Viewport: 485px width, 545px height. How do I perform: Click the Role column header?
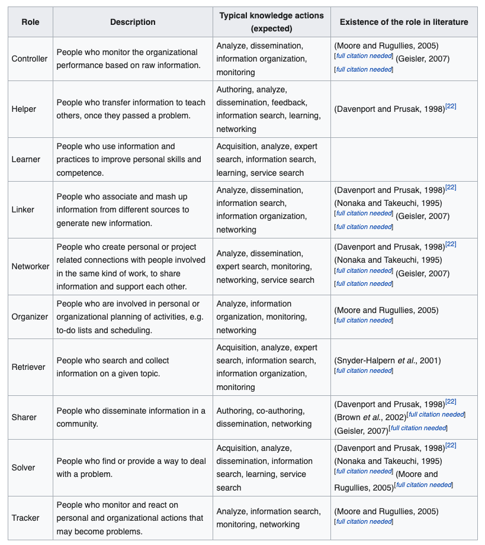[30, 22]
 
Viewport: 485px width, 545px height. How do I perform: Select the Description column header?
[133, 22]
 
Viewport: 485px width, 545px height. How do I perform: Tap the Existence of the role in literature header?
[403, 22]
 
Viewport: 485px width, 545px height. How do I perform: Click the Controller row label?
[30, 59]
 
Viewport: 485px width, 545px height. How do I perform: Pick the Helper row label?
[24, 109]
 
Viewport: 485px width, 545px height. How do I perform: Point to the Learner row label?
[25, 159]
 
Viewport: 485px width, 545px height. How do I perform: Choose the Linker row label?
[23, 209]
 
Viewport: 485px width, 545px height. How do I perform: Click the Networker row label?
[31, 266]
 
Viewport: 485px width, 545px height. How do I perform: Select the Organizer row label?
[30, 317]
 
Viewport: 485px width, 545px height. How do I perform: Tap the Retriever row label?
[28, 367]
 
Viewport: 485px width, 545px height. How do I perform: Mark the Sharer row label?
[24, 417]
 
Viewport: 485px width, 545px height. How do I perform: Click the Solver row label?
[23, 467]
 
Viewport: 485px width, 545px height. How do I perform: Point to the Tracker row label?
[25, 518]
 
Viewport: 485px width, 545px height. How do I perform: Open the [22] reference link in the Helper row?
[451, 107]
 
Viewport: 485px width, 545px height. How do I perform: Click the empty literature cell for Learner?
[403, 159]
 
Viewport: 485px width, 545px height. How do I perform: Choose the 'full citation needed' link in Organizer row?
[364, 320]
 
